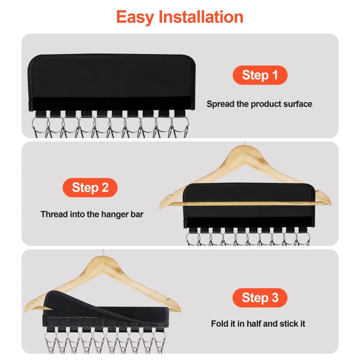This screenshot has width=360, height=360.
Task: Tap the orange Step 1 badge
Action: click(260, 75)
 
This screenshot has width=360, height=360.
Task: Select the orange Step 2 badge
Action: click(90, 187)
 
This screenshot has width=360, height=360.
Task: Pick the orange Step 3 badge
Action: click(260, 297)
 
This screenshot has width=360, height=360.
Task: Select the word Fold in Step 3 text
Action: click(220, 324)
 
